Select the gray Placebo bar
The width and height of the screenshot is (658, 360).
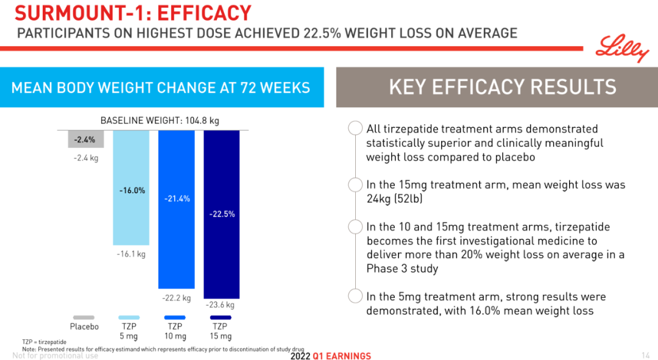[x=85, y=139]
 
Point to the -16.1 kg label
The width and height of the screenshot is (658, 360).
[x=131, y=254]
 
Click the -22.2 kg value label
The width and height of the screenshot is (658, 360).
[x=176, y=298]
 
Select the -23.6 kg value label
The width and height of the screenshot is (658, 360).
[x=220, y=305]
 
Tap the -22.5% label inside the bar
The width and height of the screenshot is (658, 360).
[x=221, y=214]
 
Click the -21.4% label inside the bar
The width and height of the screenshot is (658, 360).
[x=177, y=199]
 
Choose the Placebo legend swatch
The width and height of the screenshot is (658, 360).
[x=84, y=317]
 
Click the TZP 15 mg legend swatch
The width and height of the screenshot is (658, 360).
[x=221, y=317]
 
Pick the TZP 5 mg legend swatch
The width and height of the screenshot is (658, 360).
[x=129, y=317]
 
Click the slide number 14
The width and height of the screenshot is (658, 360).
[x=646, y=356]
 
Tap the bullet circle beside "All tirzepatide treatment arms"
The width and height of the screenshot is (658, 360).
[x=355, y=129]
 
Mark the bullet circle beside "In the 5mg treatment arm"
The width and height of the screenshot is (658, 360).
[x=355, y=297]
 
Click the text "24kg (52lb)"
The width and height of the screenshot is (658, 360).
[x=394, y=199]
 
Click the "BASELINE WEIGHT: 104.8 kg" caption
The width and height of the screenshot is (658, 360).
[x=160, y=121]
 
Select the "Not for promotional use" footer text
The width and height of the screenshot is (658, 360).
[x=55, y=356]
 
